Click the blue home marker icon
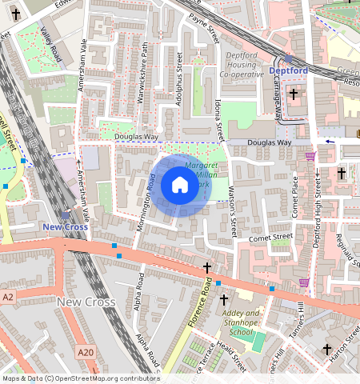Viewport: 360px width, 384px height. click(x=180, y=186)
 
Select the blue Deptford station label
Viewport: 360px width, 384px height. click(x=288, y=70)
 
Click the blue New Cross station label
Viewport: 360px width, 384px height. click(x=65, y=227)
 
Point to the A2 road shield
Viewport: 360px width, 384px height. click(x=8, y=297)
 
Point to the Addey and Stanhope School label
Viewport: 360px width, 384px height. click(x=241, y=322)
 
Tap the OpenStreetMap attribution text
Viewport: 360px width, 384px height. click(x=81, y=378)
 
